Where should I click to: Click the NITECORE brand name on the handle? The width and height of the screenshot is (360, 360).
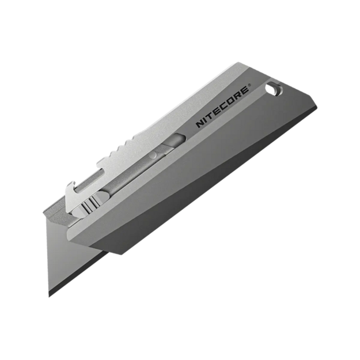(222, 107)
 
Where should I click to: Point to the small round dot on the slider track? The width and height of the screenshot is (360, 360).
(154, 156)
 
